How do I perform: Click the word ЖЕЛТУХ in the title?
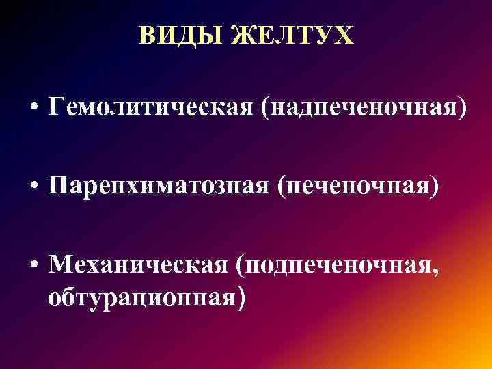294,36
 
